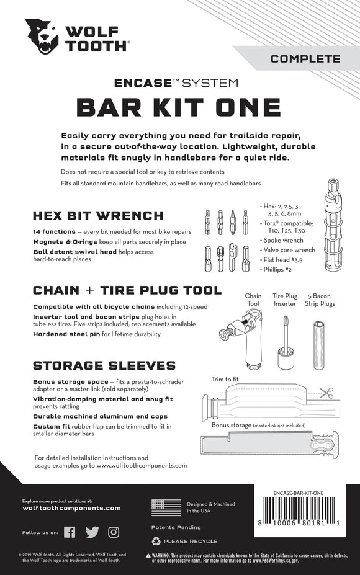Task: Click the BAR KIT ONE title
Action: tap(180, 107)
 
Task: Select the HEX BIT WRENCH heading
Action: tap(97, 216)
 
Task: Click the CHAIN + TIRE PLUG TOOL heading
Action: tap(127, 290)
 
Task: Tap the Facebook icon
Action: tap(70, 532)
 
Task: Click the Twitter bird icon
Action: tap(92, 532)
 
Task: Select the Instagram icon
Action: tap(114, 532)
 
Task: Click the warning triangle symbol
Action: tap(148, 556)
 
